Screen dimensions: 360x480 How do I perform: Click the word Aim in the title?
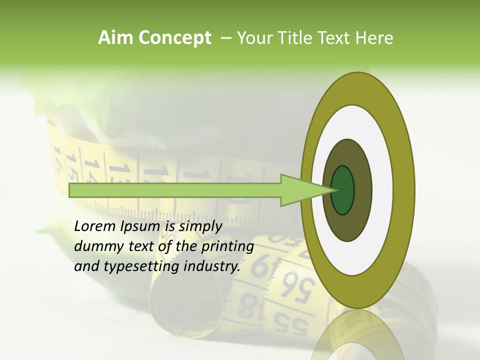[115, 38]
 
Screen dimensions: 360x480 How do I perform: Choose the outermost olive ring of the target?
[406, 190]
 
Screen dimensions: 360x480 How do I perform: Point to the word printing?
[227, 246]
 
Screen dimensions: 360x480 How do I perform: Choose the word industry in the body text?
[212, 266]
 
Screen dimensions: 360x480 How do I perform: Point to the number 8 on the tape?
[246, 306]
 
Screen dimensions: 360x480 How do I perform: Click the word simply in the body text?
[200, 226]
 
